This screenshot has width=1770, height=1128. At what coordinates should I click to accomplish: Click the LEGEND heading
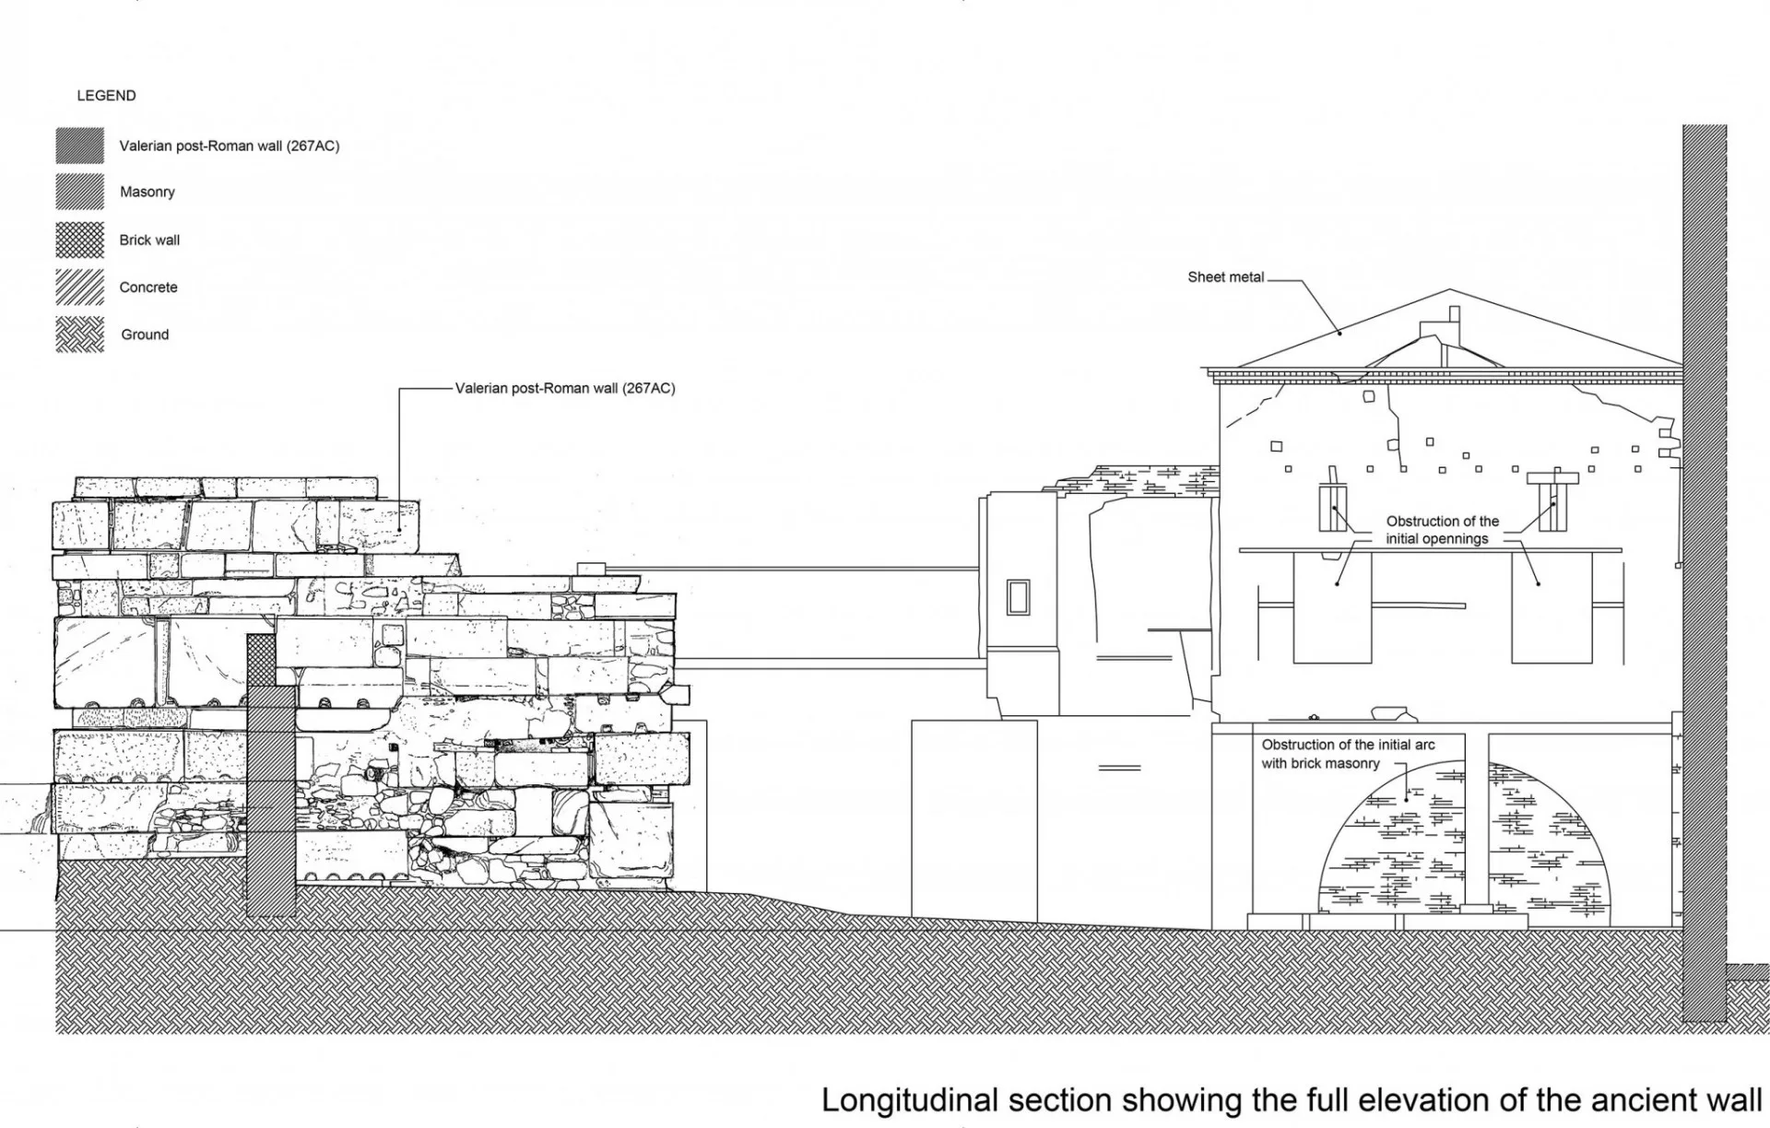106,96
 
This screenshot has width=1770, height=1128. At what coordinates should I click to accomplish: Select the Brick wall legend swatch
80,240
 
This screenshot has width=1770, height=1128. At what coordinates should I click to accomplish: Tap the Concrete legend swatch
80,287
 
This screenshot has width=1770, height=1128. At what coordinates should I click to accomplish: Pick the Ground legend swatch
80,335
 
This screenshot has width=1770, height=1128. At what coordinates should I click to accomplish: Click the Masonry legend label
147,192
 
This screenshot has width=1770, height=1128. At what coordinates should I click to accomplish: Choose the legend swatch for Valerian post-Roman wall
80,146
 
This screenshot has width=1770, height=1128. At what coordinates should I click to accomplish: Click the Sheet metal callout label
1226,277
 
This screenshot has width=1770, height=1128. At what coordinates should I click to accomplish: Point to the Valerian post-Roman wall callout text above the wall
565,388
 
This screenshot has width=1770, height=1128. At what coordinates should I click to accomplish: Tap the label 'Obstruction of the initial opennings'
1442,530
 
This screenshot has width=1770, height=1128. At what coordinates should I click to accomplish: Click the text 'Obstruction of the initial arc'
1348,745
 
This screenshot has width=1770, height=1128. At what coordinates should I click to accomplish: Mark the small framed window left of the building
1018,597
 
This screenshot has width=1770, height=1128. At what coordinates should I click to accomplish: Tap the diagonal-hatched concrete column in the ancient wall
271,800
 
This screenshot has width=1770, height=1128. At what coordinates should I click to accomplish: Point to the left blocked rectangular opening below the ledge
1332,607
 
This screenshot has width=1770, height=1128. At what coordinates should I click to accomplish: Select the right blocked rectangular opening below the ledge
1552,607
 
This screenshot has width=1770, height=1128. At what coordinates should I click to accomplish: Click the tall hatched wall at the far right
1705,572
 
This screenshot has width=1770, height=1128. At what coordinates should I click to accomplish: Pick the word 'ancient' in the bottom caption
1622,1100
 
